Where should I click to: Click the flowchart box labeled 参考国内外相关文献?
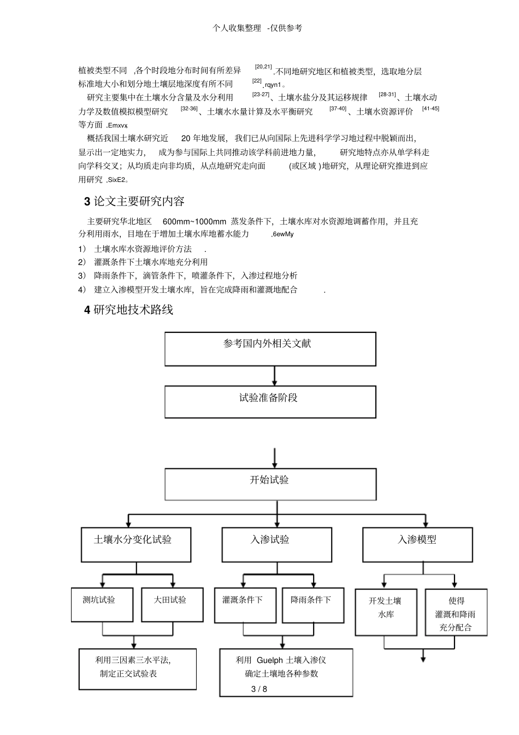tap(270, 349)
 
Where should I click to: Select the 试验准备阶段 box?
tap(270, 402)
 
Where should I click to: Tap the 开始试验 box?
tap(270, 484)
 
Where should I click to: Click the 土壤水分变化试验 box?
tap(136, 544)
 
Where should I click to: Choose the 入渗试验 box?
tap(276, 544)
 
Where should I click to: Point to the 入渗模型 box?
tap(417, 544)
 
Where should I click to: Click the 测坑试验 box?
tap(102, 604)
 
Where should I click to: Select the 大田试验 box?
tap(172, 604)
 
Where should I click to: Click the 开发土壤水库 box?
tap(386, 612)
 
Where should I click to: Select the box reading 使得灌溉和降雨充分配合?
tap(456, 612)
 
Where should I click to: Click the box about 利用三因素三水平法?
tap(137, 668)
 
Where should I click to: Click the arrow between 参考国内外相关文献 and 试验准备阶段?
tap(274, 376)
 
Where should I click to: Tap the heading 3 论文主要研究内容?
tap(134, 201)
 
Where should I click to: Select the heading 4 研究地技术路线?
tap(129, 310)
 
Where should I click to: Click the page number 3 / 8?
tap(259, 689)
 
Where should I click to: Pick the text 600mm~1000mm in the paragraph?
tap(194, 221)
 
